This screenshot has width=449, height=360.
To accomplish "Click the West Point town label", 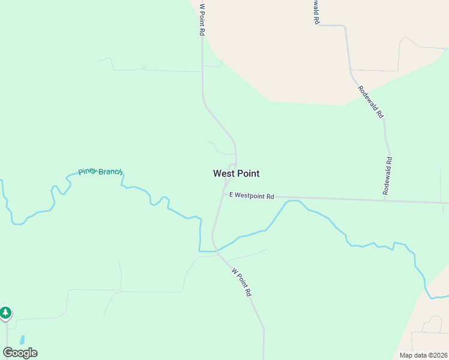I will coord(236,173).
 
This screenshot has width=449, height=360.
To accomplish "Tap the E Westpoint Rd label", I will coord(251,196).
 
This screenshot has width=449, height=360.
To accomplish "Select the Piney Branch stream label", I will coord(100,172).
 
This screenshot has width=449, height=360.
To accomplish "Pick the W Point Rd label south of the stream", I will coord(241,282).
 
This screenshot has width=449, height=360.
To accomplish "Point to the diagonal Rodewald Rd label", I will coord(370,102).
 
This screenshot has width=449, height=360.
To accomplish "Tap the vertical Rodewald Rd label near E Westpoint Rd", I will coord(388,175).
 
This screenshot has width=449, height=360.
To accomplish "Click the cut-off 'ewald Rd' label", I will coord(315,11).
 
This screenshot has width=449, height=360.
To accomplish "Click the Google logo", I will coord(20,353).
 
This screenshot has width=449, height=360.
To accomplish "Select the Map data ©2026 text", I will coord(424,355).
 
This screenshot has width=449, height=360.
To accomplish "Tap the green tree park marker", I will coord(5,313).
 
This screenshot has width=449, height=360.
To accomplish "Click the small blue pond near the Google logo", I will coord(23,340).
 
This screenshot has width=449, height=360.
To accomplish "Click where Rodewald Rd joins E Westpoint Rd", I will coord(385,199).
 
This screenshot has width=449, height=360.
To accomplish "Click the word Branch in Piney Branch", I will coord(110,172).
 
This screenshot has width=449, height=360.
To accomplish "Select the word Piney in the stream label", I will coord(88,171).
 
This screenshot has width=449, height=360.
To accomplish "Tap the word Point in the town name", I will coord(248,173).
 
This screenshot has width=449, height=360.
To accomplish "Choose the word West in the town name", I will coord(223,173).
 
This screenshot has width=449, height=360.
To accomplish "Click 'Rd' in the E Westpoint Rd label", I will coord(270,196).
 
